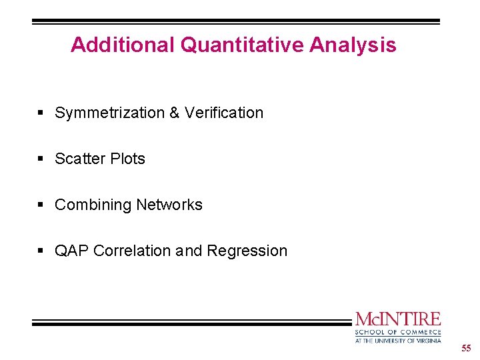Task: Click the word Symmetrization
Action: point(110,113)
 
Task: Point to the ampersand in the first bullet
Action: point(174,113)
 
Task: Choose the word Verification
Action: point(224,113)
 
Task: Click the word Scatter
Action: point(79,159)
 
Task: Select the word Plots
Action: point(127,159)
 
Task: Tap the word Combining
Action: point(89,205)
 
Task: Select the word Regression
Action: point(247,251)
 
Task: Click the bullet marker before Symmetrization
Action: point(41,113)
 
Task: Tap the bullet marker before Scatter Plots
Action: point(41,159)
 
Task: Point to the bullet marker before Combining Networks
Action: point(41,205)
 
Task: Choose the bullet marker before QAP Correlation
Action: point(41,251)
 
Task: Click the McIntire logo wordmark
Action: point(398,319)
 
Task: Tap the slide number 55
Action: point(465,349)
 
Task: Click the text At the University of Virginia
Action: point(398,340)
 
